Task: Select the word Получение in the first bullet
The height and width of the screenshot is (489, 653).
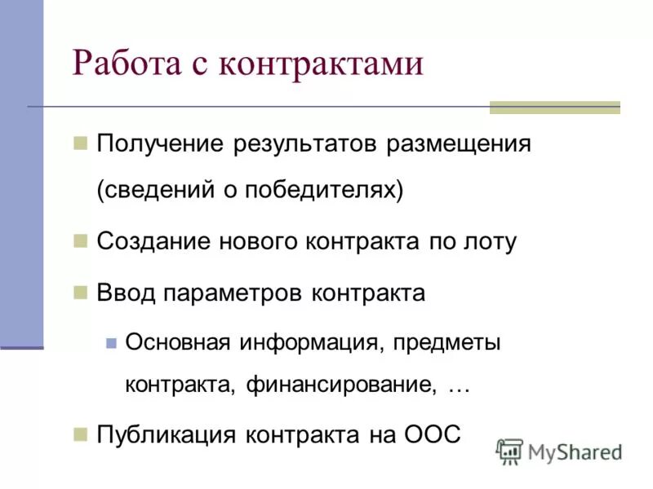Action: click(x=160, y=145)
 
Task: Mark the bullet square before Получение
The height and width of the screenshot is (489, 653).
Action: click(x=80, y=143)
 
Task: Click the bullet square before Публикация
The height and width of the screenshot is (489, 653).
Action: click(x=80, y=433)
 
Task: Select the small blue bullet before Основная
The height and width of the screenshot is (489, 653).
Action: click(x=112, y=341)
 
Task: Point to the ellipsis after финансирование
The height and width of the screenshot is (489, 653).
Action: click(x=459, y=386)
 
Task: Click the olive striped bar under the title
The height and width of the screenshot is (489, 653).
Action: click(x=554, y=108)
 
